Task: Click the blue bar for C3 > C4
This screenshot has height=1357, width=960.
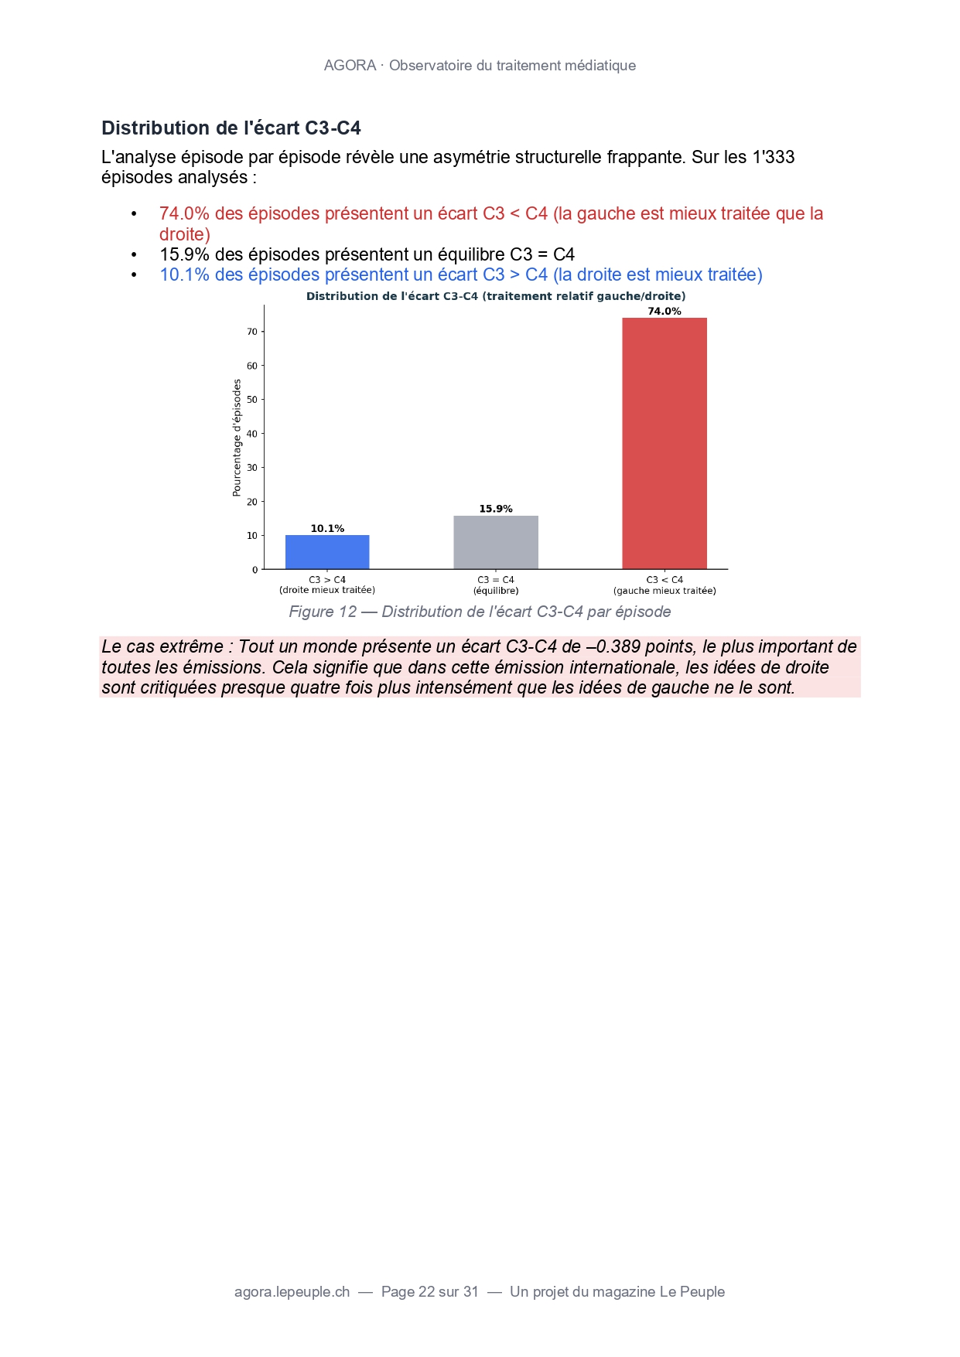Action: [x=327, y=552]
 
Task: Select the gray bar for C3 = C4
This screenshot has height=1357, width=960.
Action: [x=496, y=542]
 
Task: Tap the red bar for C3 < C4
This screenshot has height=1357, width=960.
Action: [x=664, y=443]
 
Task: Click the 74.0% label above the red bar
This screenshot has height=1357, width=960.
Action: [x=664, y=312]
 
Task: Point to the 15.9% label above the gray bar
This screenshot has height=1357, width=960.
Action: [x=496, y=509]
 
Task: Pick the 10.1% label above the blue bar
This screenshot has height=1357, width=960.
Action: [x=327, y=529]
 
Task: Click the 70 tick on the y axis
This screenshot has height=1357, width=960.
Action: [x=252, y=332]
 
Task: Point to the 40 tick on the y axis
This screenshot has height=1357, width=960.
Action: [x=252, y=434]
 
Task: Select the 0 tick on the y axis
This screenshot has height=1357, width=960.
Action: [x=255, y=570]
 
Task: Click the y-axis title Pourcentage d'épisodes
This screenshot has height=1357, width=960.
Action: [x=237, y=438]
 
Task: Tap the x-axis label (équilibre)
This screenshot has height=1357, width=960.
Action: [x=496, y=591]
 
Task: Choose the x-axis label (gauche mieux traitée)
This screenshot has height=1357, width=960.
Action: [x=664, y=591]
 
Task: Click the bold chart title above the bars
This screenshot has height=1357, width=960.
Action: [x=496, y=296]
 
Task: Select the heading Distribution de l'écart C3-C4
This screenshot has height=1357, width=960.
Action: [x=231, y=128]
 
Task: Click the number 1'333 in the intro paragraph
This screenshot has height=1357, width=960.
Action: [x=773, y=157]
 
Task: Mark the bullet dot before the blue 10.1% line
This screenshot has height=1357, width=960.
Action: [x=134, y=275]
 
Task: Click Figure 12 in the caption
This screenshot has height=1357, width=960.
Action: [x=323, y=612]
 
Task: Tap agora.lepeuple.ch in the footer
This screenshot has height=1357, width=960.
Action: [x=292, y=1292]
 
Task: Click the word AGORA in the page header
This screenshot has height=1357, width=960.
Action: [x=350, y=66]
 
